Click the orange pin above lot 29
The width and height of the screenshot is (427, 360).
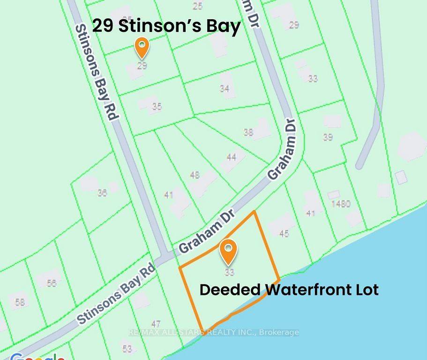click(x=142, y=47)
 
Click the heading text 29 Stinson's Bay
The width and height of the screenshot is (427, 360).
click(x=166, y=26)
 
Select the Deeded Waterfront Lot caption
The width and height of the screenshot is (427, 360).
click(x=289, y=289)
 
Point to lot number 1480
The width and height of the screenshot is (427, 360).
click(x=340, y=204)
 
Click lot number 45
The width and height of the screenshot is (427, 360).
click(x=284, y=233)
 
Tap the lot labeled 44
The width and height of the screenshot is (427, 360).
click(x=231, y=157)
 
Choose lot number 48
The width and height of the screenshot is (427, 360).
click(x=195, y=175)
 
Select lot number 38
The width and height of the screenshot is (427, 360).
click(x=248, y=133)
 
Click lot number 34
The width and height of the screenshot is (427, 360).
click(x=225, y=88)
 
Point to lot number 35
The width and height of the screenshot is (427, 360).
click(x=157, y=107)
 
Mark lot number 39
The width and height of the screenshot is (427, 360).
click(x=328, y=137)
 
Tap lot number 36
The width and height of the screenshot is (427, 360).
click(x=102, y=192)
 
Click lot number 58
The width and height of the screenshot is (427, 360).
click(x=20, y=302)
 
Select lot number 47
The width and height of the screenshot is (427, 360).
click(x=156, y=324)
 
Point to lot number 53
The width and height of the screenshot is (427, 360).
click(x=127, y=348)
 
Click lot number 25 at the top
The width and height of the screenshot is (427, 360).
click(x=197, y=6)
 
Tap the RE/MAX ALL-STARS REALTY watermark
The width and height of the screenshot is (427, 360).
click(x=214, y=332)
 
